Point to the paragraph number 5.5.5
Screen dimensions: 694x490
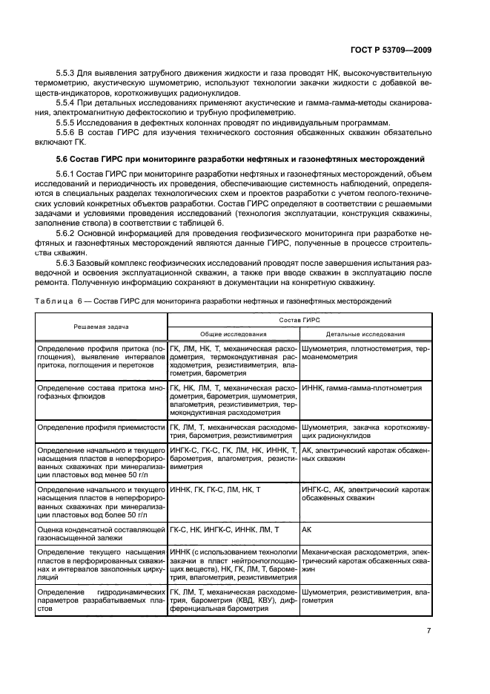click(x=67, y=121)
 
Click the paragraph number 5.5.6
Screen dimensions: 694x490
click(x=67, y=131)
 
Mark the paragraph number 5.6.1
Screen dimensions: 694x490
click(x=67, y=173)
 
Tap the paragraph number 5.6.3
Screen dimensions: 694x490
click(x=67, y=263)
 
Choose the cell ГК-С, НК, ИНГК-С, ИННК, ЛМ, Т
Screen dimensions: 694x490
click(x=225, y=529)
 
